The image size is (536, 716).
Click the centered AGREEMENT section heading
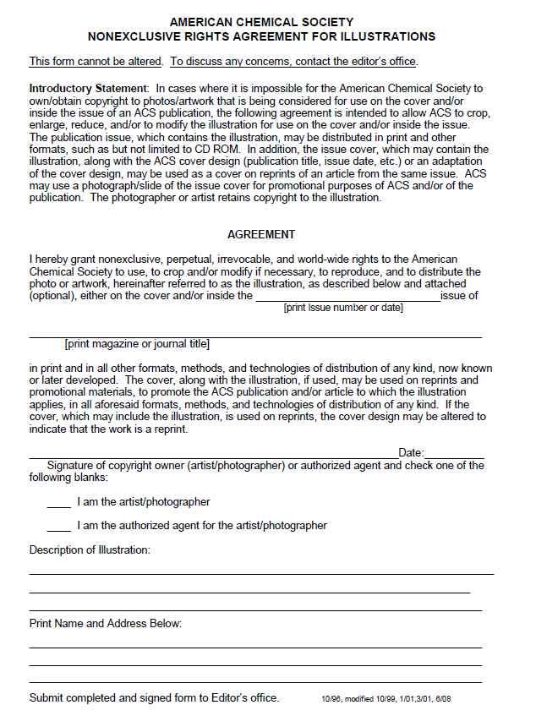point(261,234)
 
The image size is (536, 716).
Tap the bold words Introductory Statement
point(89,88)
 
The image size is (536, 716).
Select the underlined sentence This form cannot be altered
point(96,62)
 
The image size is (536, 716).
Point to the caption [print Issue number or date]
point(343,308)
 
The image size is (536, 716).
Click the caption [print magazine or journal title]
point(137,344)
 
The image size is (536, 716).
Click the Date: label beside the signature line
point(411,454)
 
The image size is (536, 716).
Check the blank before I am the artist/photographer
point(58,506)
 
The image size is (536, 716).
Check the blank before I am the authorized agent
point(58,529)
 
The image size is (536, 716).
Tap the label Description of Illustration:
point(90,550)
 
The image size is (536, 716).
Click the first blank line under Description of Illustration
point(261,574)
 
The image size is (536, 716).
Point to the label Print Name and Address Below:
point(106,624)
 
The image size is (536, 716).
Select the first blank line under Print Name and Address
point(255,647)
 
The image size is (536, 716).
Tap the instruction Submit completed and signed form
point(154,698)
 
